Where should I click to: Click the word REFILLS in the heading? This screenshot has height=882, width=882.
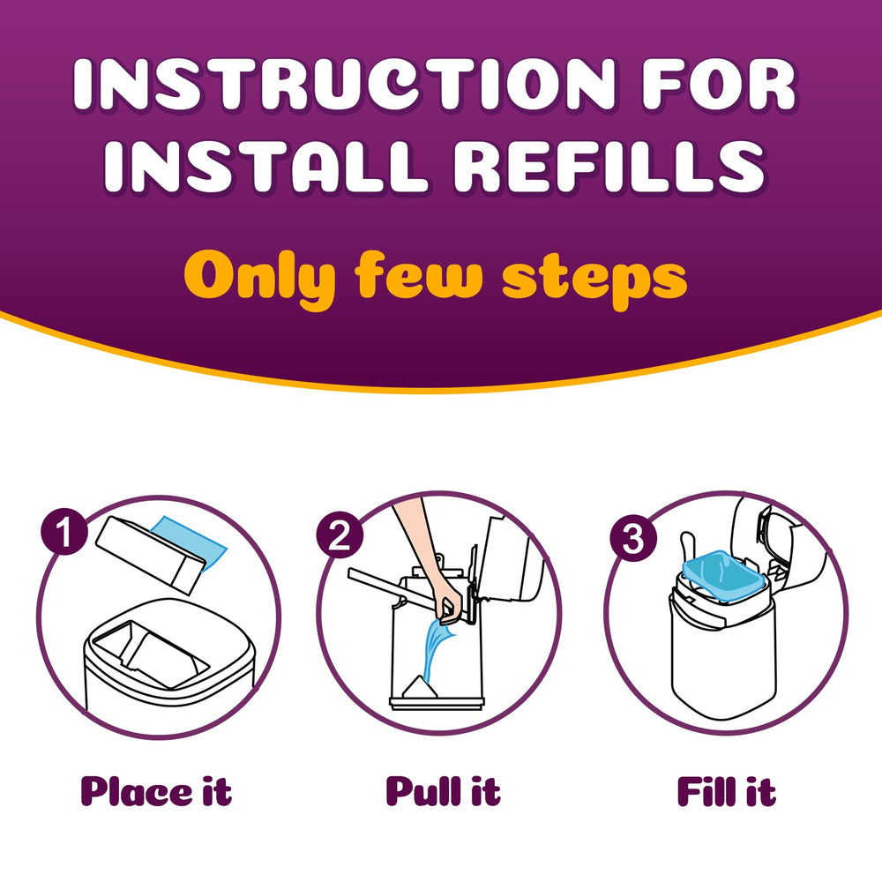click(617, 166)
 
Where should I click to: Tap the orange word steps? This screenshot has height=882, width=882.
click(594, 277)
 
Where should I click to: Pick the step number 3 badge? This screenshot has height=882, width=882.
click(632, 539)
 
